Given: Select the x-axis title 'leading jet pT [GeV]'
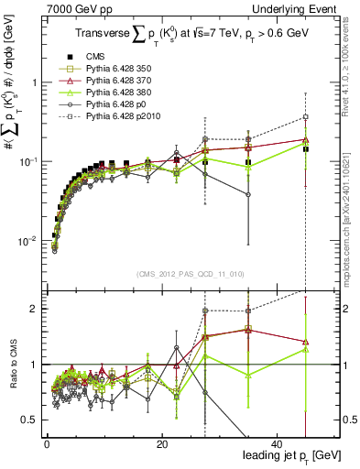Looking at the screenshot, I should [x=289, y=455].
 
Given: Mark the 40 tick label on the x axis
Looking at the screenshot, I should [x=278, y=444].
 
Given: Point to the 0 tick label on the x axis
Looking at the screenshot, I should [x=47, y=444].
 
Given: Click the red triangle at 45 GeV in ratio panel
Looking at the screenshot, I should [x=306, y=340].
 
